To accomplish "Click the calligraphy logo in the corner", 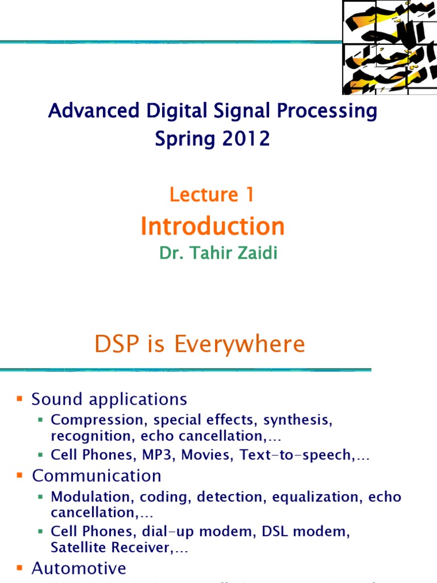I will click(x=389, y=47).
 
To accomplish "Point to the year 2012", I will click(x=246, y=138).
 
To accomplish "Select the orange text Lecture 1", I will click(x=212, y=195).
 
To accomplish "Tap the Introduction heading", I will click(x=212, y=226).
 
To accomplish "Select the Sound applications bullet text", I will click(x=109, y=399).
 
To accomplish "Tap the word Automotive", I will click(x=79, y=568).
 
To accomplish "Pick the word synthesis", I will click(x=300, y=420).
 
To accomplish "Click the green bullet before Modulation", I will click(x=40, y=496).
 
